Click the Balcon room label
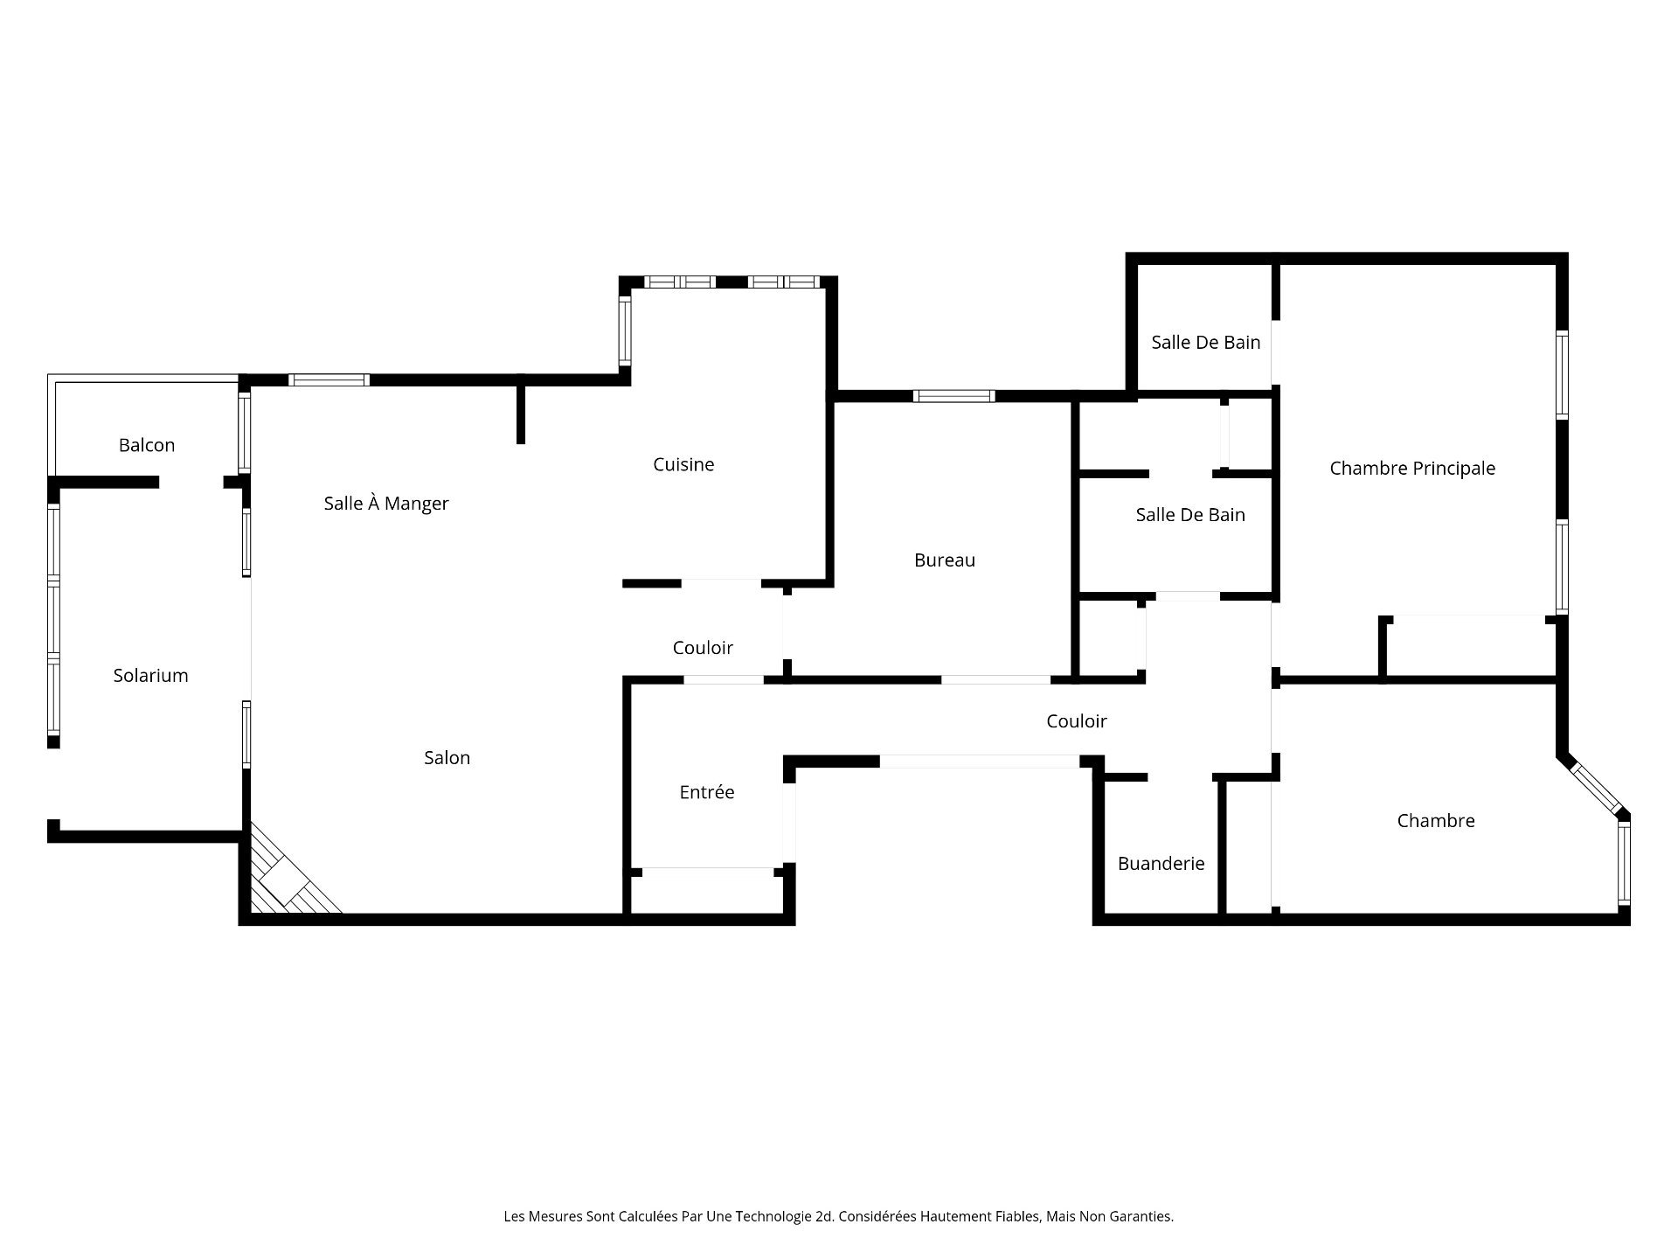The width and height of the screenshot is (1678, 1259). click(x=147, y=445)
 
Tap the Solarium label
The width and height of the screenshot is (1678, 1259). click(x=150, y=675)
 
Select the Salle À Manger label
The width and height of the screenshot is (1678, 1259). click(x=386, y=503)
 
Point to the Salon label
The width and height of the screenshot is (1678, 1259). click(x=447, y=757)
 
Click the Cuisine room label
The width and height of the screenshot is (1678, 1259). click(x=683, y=464)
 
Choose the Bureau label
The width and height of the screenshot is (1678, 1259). click(x=945, y=560)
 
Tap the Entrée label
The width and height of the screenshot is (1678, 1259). click(x=707, y=791)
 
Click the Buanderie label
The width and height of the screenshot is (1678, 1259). click(x=1161, y=863)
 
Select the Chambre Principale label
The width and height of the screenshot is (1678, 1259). click(x=1412, y=468)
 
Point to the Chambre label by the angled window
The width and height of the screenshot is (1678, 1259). click(x=1436, y=820)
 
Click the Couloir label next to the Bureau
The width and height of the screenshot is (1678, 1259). click(x=703, y=647)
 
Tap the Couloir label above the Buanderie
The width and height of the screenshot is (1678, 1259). click(x=1077, y=720)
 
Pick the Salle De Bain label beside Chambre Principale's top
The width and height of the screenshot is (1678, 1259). click(x=1206, y=342)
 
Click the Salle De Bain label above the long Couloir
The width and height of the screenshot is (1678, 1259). click(x=1190, y=514)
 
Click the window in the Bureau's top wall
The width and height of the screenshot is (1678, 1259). click(x=954, y=396)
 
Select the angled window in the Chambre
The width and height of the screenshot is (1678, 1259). click(x=1596, y=789)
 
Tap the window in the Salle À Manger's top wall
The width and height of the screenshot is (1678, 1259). click(x=329, y=380)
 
